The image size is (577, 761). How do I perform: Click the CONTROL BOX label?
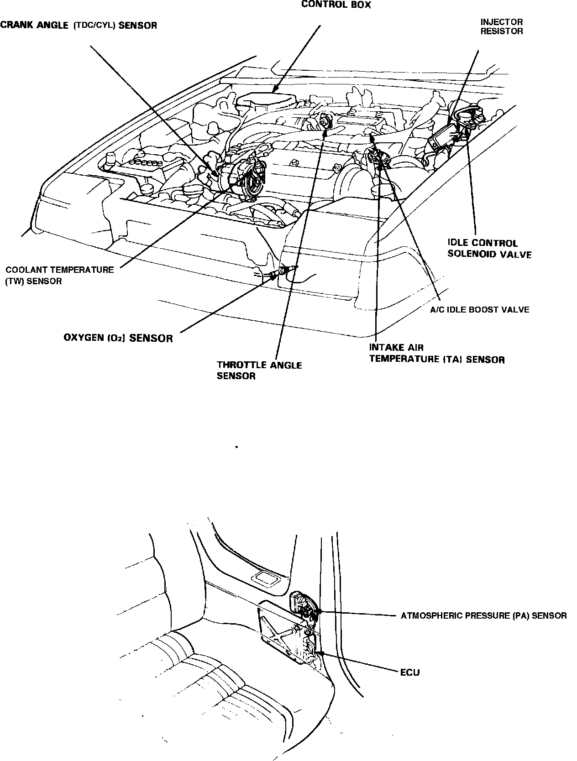tap(336, 5)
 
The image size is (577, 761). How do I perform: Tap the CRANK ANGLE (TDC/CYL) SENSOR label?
tap(79, 26)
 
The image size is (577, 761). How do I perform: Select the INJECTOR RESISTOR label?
tap(501, 26)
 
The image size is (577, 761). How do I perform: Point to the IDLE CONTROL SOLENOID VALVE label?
tap(489, 248)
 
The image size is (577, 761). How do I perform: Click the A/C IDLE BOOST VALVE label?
tap(480, 310)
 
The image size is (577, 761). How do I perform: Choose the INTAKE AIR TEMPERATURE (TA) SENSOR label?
tap(437, 354)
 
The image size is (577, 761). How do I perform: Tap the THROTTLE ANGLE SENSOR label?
tap(259, 370)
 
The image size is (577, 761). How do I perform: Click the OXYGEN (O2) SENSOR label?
tap(118, 338)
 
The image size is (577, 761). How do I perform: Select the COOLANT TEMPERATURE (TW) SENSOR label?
tap(59, 275)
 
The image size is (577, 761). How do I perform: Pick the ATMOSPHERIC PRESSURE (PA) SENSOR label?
tap(483, 616)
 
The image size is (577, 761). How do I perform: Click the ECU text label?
tap(410, 672)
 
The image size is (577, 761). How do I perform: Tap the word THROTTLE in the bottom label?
tap(242, 365)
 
